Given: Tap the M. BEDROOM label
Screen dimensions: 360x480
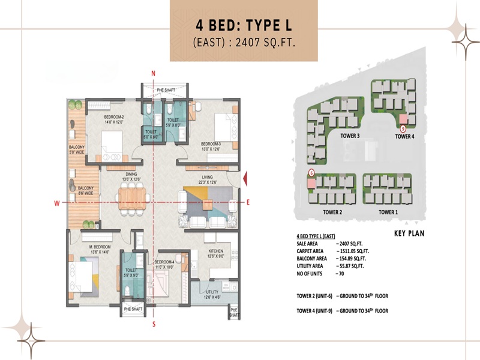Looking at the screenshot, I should pos(84,250).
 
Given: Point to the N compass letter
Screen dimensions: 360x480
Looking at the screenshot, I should pos(154,73).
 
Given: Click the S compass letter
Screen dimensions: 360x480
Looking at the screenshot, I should pos(154,325).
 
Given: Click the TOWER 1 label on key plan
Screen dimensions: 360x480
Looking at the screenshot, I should pos(388,212).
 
